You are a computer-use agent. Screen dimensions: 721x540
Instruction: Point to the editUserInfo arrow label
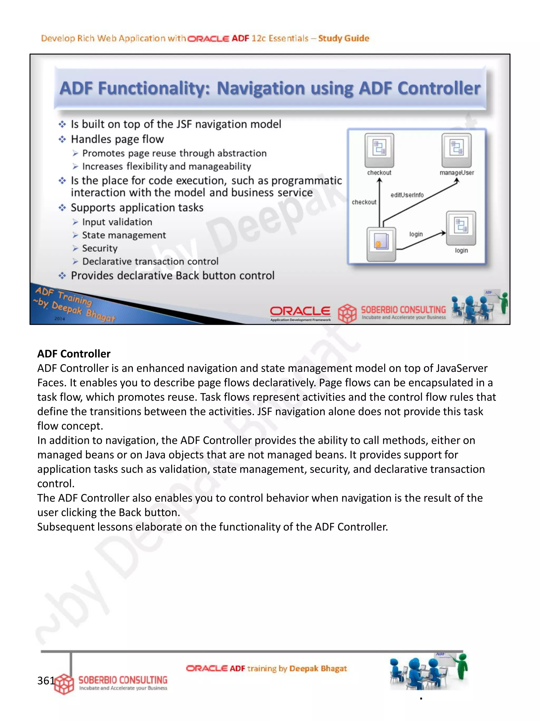(x=407, y=195)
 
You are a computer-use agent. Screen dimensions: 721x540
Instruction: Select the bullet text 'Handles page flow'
(x=117, y=139)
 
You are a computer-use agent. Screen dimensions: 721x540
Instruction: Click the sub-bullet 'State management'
(x=124, y=235)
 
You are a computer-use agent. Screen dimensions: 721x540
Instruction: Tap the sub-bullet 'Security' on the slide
(x=100, y=248)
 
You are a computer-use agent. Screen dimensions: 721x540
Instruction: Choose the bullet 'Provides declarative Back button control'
(x=172, y=276)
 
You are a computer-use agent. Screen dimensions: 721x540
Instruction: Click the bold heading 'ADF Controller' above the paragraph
(x=74, y=354)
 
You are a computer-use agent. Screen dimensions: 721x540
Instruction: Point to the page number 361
(x=46, y=681)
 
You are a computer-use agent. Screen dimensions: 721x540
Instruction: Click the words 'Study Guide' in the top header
(x=343, y=39)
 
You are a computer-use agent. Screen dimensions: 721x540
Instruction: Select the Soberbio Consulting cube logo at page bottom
(x=64, y=684)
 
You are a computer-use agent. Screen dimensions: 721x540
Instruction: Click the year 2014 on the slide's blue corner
(x=60, y=318)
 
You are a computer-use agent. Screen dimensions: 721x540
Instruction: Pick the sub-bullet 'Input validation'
(x=117, y=222)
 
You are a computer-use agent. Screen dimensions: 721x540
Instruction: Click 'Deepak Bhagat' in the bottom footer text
(x=318, y=668)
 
